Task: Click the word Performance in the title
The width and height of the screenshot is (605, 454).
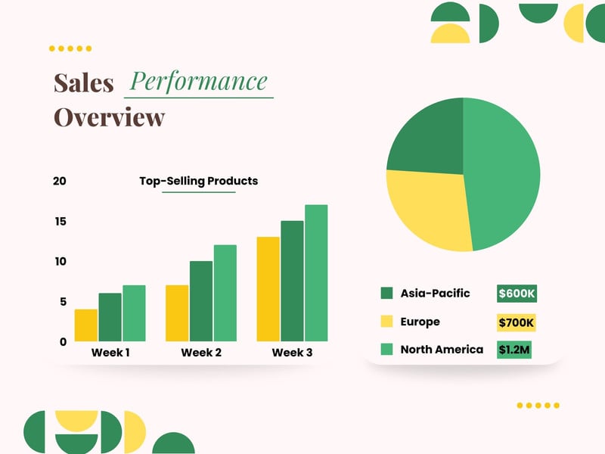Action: pos(199,81)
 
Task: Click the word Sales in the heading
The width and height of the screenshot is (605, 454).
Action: pos(83,82)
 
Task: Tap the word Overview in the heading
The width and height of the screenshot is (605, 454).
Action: pos(109,117)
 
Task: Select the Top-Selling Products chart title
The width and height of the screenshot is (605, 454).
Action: pos(198,181)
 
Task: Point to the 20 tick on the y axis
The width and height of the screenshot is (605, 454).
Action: pos(60,181)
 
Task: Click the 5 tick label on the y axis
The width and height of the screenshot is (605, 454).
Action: pos(63,301)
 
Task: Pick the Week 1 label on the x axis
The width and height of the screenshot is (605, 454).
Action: pos(110,353)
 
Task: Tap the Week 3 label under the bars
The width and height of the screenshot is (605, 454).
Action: pos(292,353)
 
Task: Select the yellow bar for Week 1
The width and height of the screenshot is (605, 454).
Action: pos(85,325)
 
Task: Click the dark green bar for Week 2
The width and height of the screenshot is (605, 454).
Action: pos(201,301)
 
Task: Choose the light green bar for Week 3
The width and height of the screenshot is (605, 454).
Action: pos(316,273)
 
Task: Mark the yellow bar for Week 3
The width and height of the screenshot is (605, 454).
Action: pos(268,289)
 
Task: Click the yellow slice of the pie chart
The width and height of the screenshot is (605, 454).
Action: pos(427,208)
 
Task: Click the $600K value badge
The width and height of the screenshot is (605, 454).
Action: pos(517,294)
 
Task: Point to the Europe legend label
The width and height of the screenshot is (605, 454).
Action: pos(420,322)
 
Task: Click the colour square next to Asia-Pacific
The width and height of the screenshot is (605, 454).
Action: pos(386,294)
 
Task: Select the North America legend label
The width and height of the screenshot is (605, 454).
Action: pos(442,350)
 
